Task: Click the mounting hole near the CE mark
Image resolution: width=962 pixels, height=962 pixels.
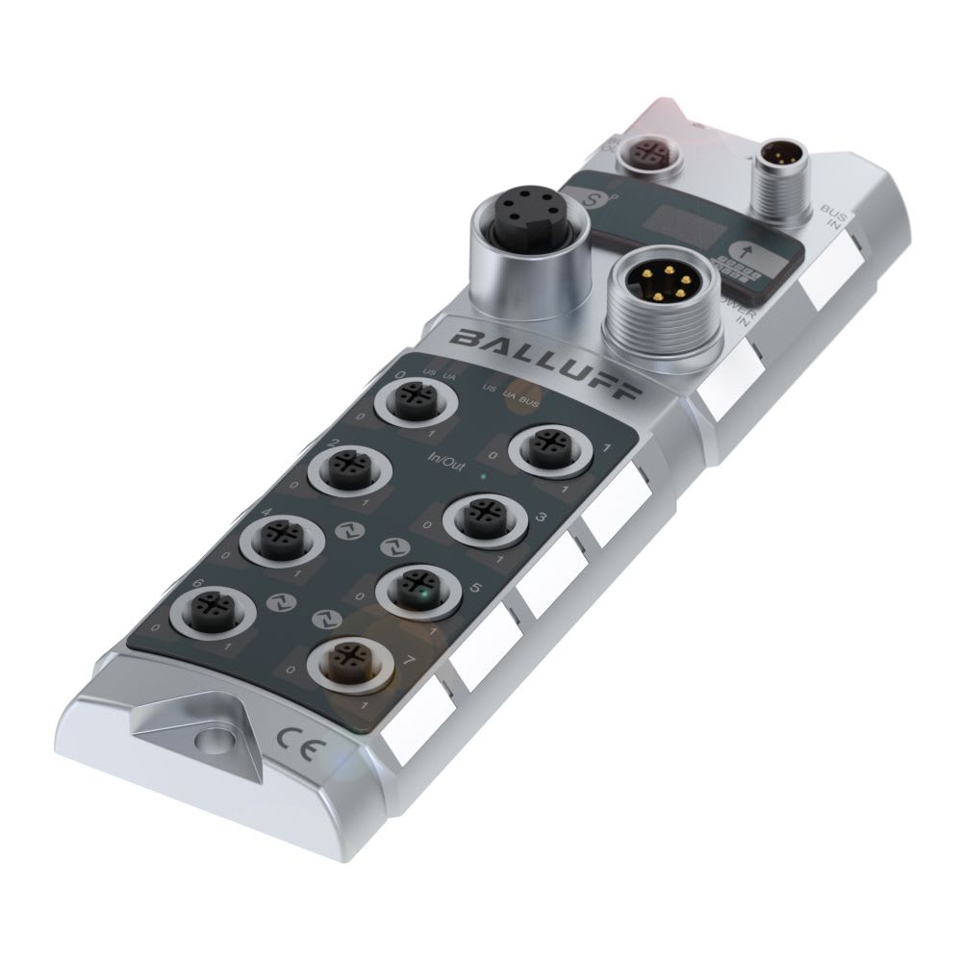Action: (x=207, y=741)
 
